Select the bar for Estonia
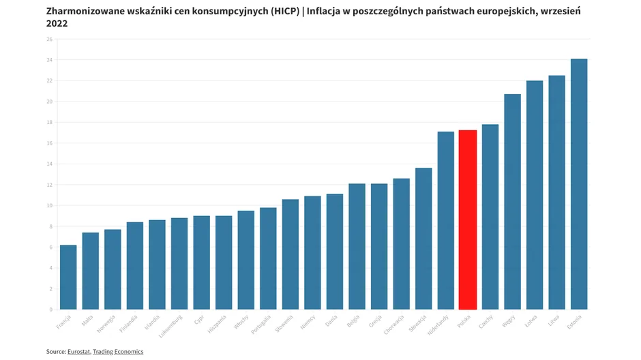tap(579, 184)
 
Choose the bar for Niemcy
tap(312, 253)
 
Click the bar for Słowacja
tap(423, 239)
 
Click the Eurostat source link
tap(78, 352)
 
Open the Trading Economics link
tap(118, 352)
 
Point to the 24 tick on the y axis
tap(49, 60)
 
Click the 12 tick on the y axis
tap(49, 185)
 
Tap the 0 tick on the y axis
tap(50, 310)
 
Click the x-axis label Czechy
tap(486, 321)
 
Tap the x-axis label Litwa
tap(554, 320)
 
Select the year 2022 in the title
tap(57, 24)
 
